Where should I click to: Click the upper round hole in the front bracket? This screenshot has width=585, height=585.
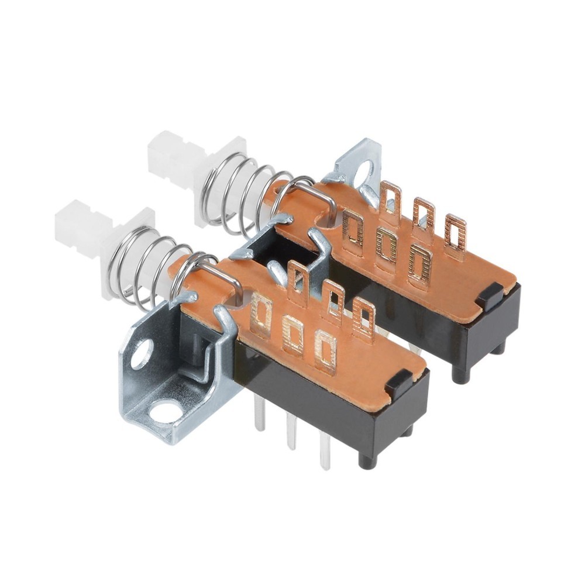pyautogui.click(x=141, y=354)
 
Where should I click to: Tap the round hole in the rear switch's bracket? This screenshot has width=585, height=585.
pyautogui.click(x=363, y=173)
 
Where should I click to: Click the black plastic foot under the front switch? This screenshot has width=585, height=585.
pyautogui.click(x=367, y=460)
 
